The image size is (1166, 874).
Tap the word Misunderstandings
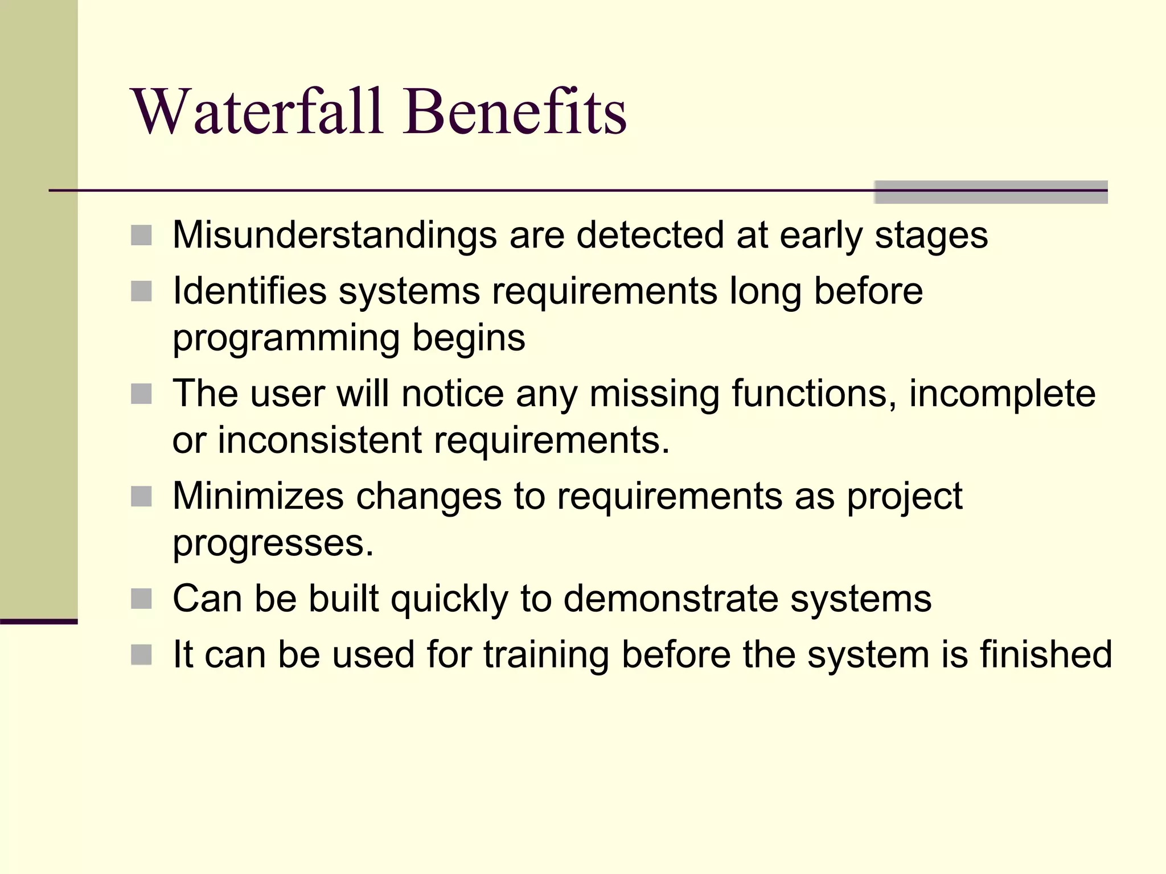coord(334,235)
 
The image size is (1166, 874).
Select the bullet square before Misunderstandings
coord(141,235)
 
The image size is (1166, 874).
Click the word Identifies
coord(249,291)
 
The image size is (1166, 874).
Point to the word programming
coord(286,339)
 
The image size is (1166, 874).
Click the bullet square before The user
coord(141,394)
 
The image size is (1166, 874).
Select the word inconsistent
coord(319,440)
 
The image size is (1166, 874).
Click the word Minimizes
coord(258,496)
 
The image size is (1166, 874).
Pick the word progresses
coord(273,543)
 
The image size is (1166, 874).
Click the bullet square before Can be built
coord(141,599)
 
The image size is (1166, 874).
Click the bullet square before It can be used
coord(141,654)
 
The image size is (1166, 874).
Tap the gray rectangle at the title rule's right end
coord(991,192)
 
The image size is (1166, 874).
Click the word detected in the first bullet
coord(650,235)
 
